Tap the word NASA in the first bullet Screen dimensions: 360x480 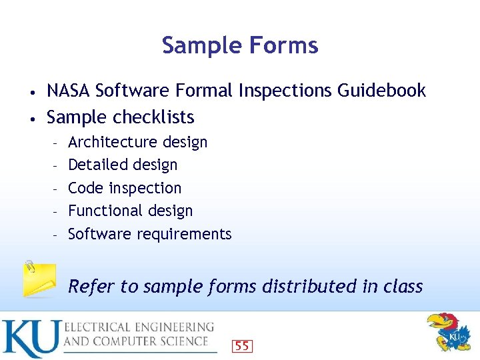click(69, 91)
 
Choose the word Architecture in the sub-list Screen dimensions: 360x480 click(110, 142)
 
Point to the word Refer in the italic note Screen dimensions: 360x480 click(91, 287)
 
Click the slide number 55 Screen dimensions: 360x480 click(242, 346)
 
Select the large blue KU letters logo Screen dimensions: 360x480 click(31, 339)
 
